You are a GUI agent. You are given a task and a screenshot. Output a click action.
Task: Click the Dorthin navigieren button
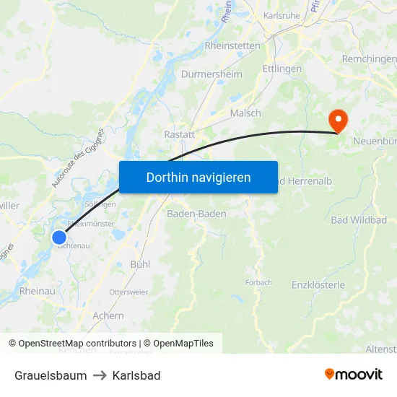point(198,177)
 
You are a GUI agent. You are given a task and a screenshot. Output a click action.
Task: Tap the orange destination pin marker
point(337,119)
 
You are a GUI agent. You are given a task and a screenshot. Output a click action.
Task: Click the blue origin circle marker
point(59,237)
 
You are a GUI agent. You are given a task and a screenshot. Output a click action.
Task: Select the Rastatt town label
point(180,134)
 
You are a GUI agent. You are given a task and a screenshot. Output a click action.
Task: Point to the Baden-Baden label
point(196,214)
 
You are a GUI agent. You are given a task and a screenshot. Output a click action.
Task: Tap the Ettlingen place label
point(282,69)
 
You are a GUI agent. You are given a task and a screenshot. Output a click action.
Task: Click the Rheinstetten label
point(232,45)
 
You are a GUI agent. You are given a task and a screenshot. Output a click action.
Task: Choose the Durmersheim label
point(211,74)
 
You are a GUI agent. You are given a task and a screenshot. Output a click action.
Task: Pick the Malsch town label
point(245,113)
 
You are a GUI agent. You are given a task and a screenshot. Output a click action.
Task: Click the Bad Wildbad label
point(359,219)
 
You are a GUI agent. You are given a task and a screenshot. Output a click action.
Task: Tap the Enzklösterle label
point(318,284)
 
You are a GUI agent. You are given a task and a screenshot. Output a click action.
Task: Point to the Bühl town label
point(140,264)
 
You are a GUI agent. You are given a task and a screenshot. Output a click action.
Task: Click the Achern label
point(108,315)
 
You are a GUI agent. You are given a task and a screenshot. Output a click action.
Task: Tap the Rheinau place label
point(37,290)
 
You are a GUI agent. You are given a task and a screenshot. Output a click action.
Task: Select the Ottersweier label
point(128,292)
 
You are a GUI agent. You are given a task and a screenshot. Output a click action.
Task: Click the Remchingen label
point(369,58)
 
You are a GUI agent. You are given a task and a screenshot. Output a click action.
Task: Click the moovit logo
point(354,374)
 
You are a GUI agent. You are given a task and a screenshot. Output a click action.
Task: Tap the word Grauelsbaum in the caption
point(51,375)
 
